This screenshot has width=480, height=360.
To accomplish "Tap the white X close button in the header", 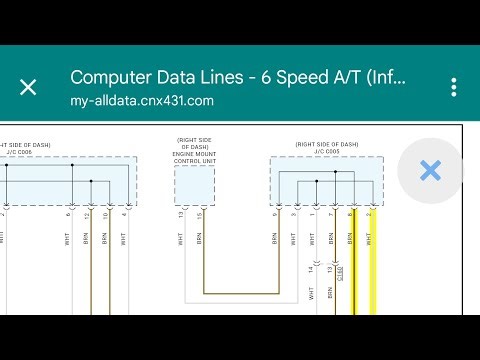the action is [28, 87].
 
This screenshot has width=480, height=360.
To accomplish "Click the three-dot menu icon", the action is [453, 87].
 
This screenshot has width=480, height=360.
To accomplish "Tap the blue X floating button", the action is [430, 171].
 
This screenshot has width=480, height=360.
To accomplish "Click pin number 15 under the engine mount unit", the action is [199, 216].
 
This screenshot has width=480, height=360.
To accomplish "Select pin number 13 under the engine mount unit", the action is [181, 216].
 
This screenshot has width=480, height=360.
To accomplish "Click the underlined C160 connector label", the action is [339, 270].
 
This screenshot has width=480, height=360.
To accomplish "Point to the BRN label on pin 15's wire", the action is [199, 240].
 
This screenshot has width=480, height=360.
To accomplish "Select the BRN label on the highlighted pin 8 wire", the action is [351, 240].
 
